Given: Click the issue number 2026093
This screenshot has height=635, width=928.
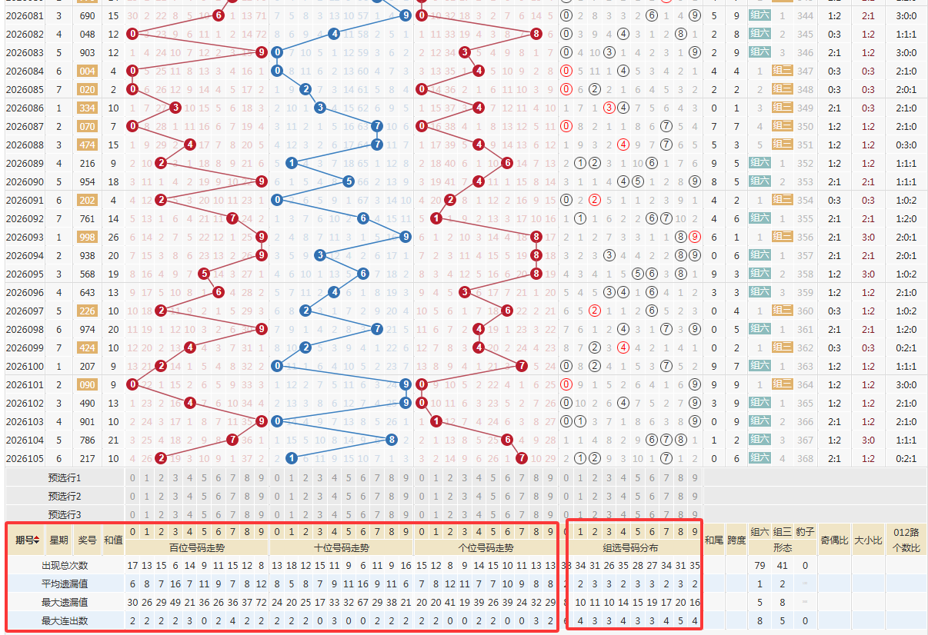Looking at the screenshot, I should coord(25,237).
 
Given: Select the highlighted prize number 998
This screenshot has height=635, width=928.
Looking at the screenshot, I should coord(87,237).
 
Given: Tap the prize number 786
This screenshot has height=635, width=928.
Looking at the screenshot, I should coord(87,440).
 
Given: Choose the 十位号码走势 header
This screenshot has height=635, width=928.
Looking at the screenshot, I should coord(342,548).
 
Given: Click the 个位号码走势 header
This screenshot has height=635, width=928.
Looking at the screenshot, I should coord(486,548).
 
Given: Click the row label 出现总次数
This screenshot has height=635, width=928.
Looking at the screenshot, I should coord(65,566).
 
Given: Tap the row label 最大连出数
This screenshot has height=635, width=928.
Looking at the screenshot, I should coord(65,620).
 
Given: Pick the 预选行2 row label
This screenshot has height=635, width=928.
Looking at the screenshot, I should coord(65,496).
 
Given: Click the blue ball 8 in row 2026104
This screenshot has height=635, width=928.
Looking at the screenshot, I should coord(392,440).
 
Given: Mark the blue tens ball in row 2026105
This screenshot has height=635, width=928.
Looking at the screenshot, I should coord(291,458).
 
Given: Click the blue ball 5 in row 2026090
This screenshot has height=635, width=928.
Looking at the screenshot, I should coord(349,181).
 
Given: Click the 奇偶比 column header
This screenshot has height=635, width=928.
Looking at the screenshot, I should coord(835,540).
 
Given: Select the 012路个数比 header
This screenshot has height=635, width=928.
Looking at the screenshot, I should coord(906,540).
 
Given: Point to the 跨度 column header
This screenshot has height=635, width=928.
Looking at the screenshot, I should coord(736,540).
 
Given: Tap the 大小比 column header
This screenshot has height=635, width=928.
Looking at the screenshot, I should coord(868,540).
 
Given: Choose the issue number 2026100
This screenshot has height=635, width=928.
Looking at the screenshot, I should coord(25,366).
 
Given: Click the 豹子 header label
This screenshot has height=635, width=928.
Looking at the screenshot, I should coord(805,531).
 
